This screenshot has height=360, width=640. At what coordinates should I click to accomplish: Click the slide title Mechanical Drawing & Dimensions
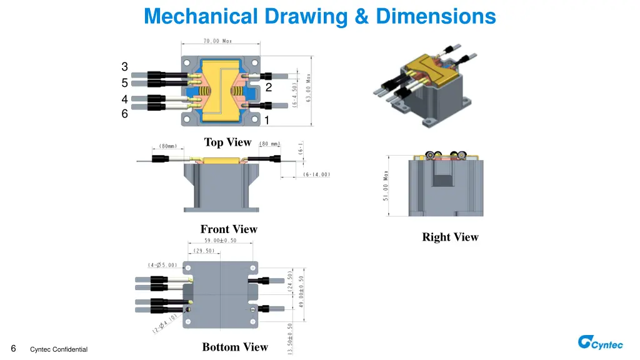pyautogui.click(x=319, y=16)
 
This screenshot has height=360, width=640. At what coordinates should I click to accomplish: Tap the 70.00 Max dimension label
pyautogui.click(x=217, y=41)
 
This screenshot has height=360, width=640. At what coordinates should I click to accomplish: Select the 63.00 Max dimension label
pyautogui.click(x=309, y=87)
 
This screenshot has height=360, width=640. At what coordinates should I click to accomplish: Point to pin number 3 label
pyautogui.click(x=124, y=67)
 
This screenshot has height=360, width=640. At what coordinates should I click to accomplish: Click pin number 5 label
pyautogui.click(x=124, y=83)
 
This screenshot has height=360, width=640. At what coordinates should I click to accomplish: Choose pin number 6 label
pyautogui.click(x=124, y=114)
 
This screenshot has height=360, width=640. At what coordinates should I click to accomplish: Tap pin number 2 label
pyautogui.click(x=268, y=87)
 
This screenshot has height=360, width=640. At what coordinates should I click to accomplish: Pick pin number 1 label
pyautogui.click(x=267, y=120)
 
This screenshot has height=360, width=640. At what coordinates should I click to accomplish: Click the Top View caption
pyautogui.click(x=227, y=142)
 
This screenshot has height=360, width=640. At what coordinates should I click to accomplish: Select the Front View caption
pyautogui.click(x=229, y=229)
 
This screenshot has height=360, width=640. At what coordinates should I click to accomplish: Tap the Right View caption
pyautogui.click(x=450, y=237)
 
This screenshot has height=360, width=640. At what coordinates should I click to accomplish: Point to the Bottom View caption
pyautogui.click(x=235, y=347)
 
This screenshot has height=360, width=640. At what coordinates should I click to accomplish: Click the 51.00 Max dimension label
pyautogui.click(x=386, y=186)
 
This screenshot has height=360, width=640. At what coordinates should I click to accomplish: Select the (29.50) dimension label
pyautogui.click(x=204, y=251)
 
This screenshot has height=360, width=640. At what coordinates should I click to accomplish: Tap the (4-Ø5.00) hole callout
pyautogui.click(x=162, y=265)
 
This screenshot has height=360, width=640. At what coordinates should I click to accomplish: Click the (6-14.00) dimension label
pyautogui.click(x=317, y=174)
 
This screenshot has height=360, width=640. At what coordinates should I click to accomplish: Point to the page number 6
pyautogui.click(x=14, y=348)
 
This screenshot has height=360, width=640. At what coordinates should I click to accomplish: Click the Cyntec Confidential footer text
pyautogui.click(x=59, y=349)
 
